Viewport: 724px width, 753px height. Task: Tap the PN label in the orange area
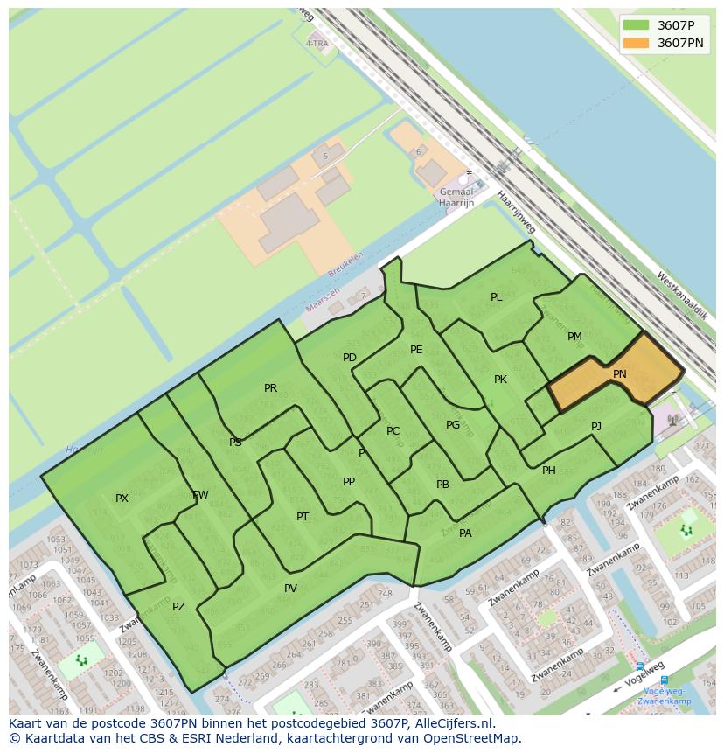tap(619, 374)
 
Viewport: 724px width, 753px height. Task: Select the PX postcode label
tap(122, 499)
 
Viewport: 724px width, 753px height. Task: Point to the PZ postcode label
tap(178, 607)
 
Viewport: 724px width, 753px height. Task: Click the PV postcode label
tap(290, 589)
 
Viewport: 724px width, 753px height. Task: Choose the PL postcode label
tap(496, 297)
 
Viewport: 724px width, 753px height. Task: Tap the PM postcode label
tap(574, 337)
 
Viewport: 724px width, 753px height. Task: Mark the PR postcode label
tap(270, 388)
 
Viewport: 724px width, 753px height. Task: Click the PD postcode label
tap(350, 358)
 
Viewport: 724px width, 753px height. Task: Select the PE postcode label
tap(416, 350)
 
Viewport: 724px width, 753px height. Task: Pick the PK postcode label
tap(500, 380)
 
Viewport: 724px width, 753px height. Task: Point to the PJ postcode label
tap(596, 427)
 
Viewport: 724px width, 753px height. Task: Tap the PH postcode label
tap(549, 471)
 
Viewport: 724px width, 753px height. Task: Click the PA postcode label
tap(465, 533)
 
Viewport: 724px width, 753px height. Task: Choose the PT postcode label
tap(303, 517)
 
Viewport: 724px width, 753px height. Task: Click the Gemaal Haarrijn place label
tap(456, 198)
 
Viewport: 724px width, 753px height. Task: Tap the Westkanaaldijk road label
tap(681, 295)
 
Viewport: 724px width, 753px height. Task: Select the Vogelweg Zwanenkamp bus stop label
tap(664, 695)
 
